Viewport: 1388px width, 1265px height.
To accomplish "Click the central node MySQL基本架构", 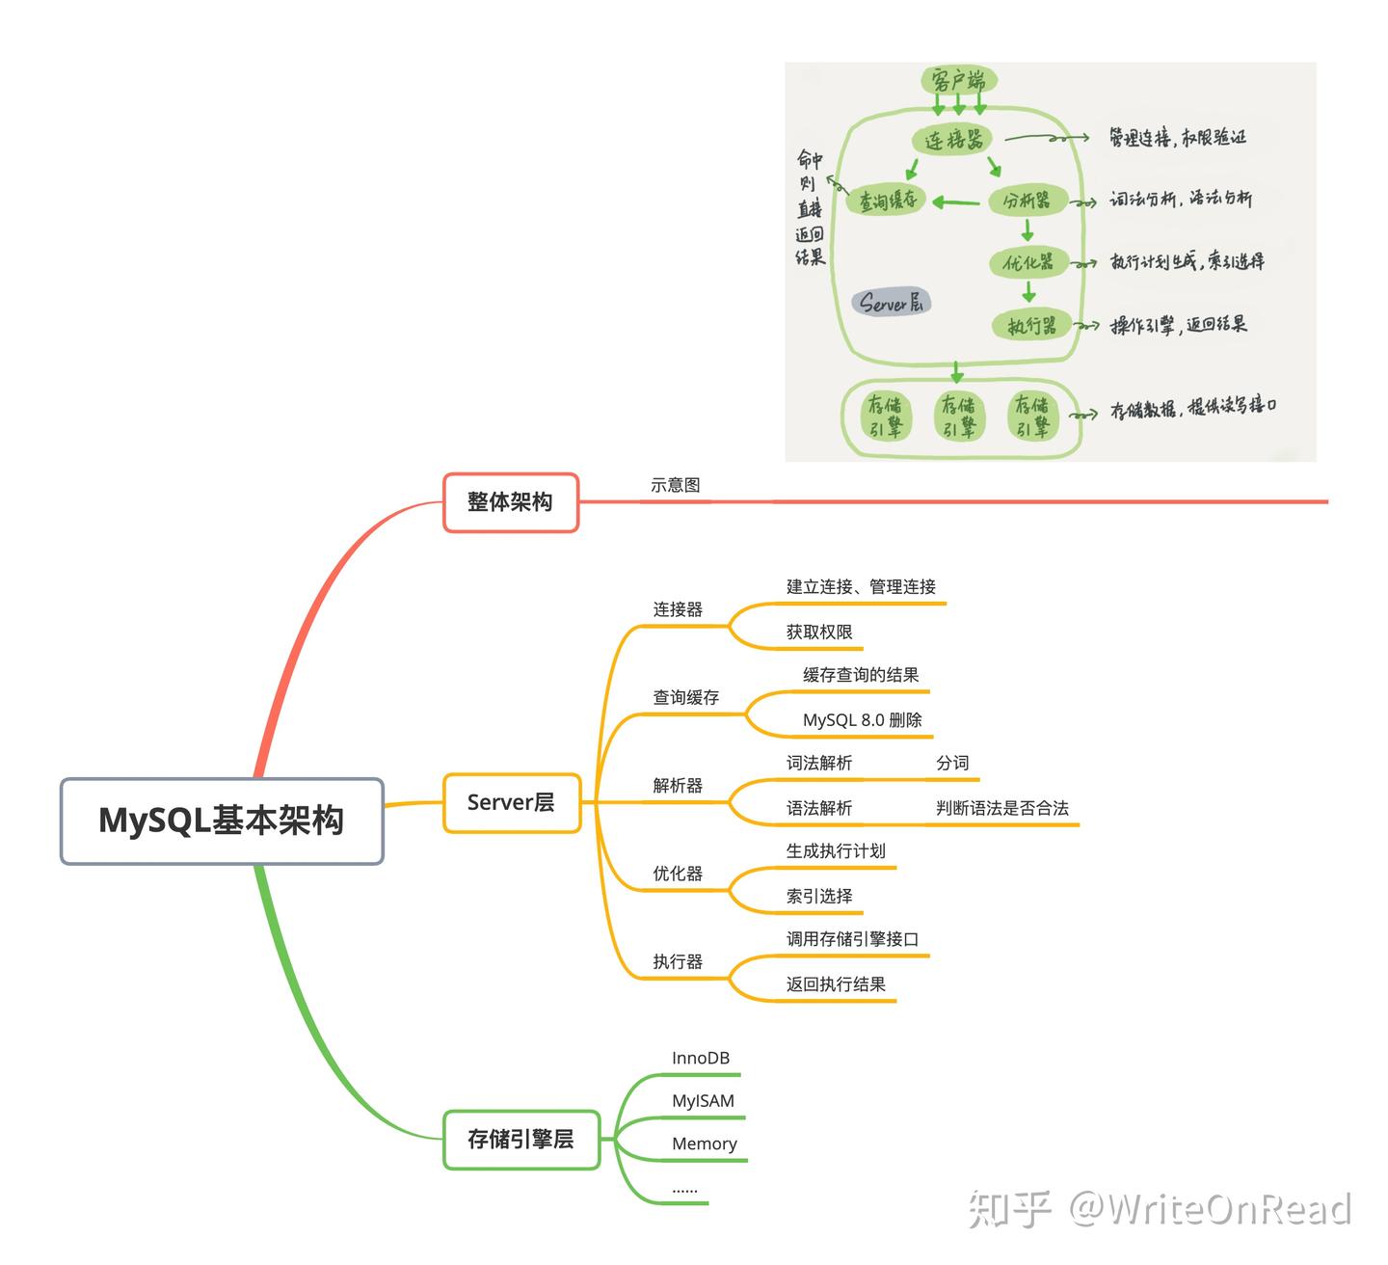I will pos(222,821).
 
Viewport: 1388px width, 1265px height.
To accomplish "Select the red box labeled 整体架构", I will pos(510,502).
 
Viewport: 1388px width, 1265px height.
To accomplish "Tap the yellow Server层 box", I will pos(511,802).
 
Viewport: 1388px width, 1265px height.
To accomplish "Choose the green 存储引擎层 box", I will pos(520,1140).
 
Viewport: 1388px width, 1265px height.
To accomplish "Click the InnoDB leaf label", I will pos(701,1059).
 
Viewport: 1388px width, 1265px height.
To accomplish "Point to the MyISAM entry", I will pos(703,1101).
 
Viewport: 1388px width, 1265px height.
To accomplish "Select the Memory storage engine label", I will pos(704,1144).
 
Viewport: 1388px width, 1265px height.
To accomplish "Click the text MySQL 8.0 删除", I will pos(862,720).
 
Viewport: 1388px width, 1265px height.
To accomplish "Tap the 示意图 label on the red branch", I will pos(675,486).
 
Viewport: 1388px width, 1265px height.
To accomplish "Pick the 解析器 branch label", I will pos(678,786).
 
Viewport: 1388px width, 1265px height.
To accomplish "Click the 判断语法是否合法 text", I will pos(1001,808).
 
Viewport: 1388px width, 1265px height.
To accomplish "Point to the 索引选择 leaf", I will pos(819,897).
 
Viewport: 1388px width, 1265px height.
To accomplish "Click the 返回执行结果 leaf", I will pos(836,984).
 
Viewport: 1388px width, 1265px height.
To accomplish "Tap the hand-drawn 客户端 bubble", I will pos(958,80).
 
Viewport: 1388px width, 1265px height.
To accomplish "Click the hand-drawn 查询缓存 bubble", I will pos(887,202).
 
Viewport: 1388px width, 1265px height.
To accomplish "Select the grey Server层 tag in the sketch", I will pos(891,303).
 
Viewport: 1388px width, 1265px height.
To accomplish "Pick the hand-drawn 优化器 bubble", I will pos(1028,262).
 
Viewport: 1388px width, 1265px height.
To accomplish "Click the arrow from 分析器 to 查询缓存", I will pos(955,202).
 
